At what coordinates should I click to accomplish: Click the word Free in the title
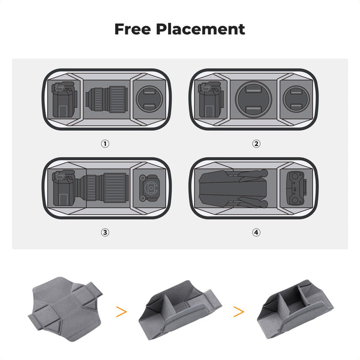(x=133, y=29)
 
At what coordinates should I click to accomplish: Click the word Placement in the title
(x=200, y=29)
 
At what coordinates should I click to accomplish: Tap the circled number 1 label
(x=105, y=144)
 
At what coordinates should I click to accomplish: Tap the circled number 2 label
(x=256, y=144)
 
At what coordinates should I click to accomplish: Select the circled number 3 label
(x=105, y=233)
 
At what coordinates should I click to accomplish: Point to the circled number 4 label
(x=256, y=233)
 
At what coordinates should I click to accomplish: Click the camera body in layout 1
(x=64, y=100)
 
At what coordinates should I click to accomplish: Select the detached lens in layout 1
(x=107, y=99)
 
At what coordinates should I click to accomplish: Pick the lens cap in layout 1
(x=149, y=99)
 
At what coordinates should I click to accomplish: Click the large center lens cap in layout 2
(x=253, y=100)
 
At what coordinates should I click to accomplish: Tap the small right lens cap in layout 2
(x=296, y=99)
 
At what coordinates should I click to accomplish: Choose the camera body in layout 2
(x=211, y=100)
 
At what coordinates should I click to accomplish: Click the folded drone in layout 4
(x=233, y=188)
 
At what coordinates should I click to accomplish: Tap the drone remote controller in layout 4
(x=296, y=188)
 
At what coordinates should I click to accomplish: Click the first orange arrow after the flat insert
(x=121, y=312)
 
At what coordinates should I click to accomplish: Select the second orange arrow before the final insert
(x=239, y=312)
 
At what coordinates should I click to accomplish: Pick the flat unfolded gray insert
(x=65, y=309)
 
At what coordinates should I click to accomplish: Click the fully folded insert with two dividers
(x=295, y=309)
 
